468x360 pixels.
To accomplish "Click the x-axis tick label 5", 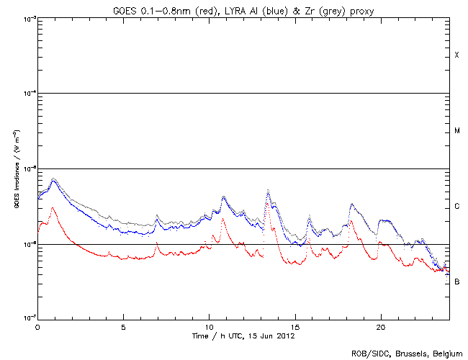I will point(123,327).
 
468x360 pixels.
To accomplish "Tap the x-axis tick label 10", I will point(209,327).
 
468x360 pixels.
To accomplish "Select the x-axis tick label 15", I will point(294,327).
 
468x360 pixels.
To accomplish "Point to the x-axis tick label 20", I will point(380,327).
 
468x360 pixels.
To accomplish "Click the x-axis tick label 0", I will point(37,327).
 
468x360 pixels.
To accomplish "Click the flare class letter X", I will point(456,55).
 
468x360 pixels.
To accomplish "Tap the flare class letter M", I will point(456,131).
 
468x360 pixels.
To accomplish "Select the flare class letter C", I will point(456,207).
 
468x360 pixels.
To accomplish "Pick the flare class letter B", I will point(456,282).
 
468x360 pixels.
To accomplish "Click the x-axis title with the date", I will point(243,336).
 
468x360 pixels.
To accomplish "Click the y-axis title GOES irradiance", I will point(15,169).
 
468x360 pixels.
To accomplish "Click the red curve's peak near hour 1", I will point(53,207).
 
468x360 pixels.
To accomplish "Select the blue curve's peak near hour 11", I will point(224,196).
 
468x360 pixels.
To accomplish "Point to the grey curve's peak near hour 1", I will point(53,178).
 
